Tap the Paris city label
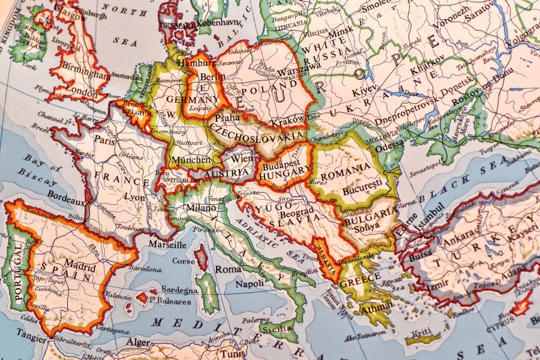[104, 140]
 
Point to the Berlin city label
[211, 77]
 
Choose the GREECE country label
[360, 280]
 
